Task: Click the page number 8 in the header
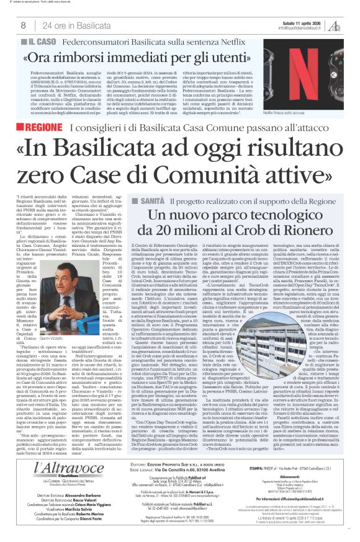(24, 25)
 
